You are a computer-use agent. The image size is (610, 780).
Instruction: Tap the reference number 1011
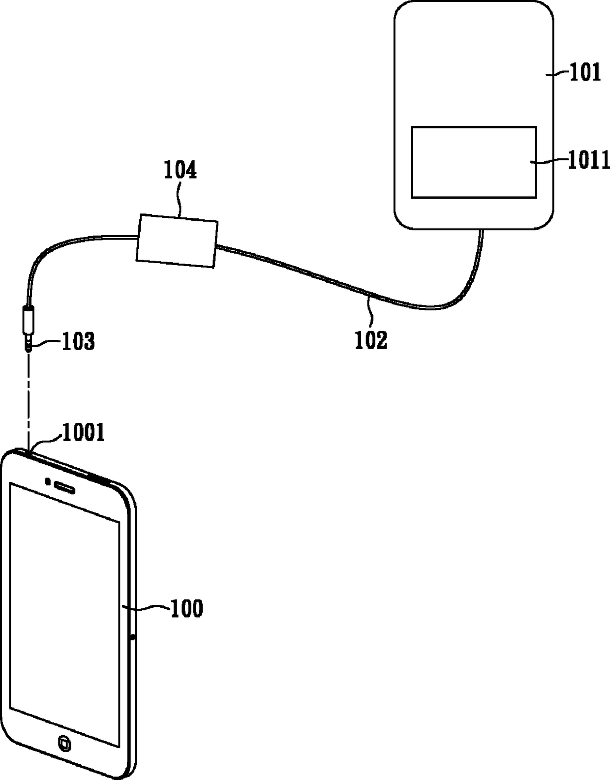click(x=589, y=160)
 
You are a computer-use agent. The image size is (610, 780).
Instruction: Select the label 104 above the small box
click(x=180, y=170)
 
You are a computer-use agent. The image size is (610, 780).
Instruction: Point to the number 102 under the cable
click(x=371, y=340)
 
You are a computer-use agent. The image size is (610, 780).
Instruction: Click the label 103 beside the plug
click(x=78, y=341)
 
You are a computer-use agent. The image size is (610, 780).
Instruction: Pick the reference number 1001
click(x=83, y=433)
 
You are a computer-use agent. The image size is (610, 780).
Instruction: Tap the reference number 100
click(x=186, y=609)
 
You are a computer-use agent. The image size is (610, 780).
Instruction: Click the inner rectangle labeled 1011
click(x=473, y=162)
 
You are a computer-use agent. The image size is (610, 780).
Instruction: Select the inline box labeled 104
click(x=177, y=241)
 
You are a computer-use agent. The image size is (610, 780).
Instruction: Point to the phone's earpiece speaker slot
click(x=65, y=487)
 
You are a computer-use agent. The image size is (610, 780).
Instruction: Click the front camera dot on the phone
click(x=48, y=481)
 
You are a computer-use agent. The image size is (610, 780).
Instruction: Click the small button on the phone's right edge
click(x=133, y=638)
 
